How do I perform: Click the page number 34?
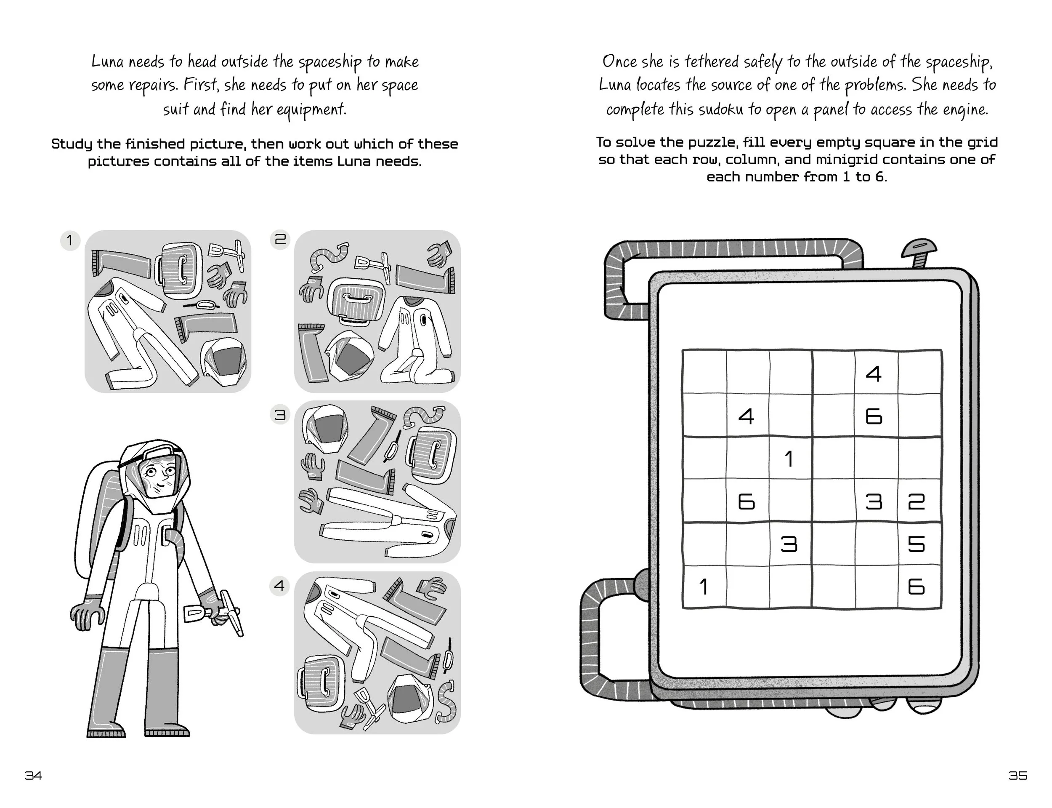33,775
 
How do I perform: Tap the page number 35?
1018,775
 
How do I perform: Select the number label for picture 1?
70,240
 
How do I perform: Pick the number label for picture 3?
280,415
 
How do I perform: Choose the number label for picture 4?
280,586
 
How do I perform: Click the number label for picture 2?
280,239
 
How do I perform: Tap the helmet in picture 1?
224,362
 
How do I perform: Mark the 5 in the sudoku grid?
916,544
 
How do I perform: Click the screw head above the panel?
919,249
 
